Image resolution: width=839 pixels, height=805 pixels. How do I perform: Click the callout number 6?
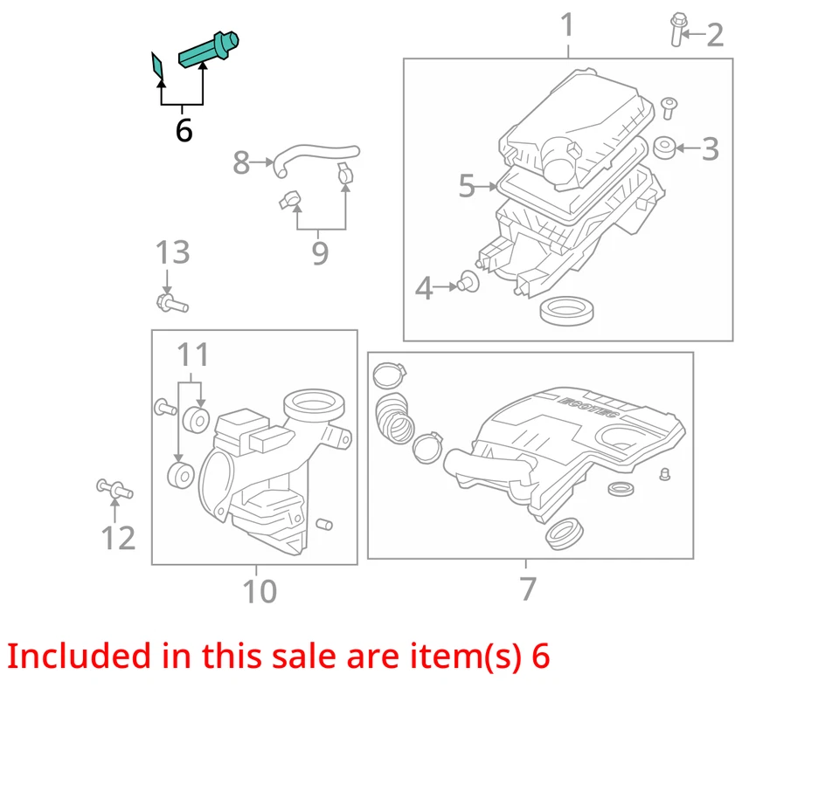point(184,130)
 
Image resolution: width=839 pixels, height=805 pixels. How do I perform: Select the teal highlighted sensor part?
point(209,50)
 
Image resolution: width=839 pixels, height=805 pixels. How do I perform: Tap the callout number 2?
point(715,35)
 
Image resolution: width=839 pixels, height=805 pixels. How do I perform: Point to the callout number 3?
point(710,148)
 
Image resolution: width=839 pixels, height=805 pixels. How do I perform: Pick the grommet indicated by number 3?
point(664,148)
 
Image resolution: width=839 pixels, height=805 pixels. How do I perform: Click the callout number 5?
point(466,185)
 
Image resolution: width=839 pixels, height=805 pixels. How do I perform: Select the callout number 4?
point(424,287)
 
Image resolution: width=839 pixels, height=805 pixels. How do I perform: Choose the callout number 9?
point(320,253)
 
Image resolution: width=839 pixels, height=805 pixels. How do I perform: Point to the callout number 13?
point(172,252)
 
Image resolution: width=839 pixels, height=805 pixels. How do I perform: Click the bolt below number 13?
point(171,304)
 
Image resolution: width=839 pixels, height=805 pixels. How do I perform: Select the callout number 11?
point(193,354)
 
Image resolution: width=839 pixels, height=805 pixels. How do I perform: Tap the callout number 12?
point(118,538)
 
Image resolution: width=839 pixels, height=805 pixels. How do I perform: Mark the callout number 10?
point(260,591)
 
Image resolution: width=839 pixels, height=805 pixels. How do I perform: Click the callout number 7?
point(527,588)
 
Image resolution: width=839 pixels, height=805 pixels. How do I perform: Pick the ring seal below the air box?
point(568,309)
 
